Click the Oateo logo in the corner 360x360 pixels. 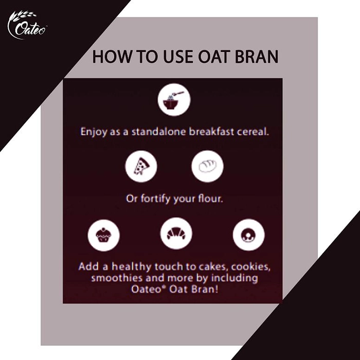[x=27, y=25]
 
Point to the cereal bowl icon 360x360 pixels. [x=174, y=100]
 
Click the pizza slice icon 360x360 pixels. [x=141, y=167]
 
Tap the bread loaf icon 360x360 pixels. [x=207, y=167]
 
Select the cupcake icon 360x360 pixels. [x=103, y=236]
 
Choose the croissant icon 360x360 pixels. [x=176, y=234]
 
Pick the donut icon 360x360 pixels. [x=248, y=235]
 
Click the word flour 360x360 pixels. [x=210, y=199]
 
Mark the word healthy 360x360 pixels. [x=132, y=267]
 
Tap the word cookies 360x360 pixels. [x=251, y=267]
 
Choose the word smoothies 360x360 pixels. [x=117, y=278]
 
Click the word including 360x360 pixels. [x=235, y=279]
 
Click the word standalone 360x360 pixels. [x=158, y=132]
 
